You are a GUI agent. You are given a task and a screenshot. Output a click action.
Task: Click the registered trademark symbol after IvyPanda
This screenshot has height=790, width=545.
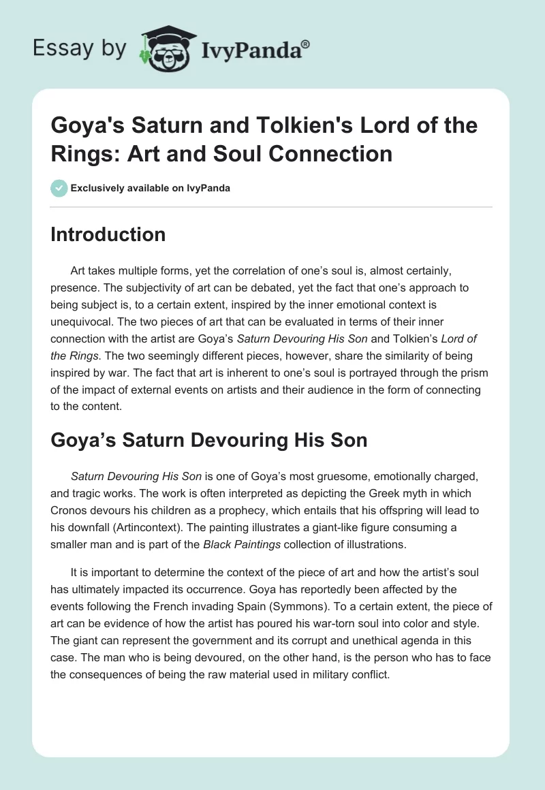point(306,44)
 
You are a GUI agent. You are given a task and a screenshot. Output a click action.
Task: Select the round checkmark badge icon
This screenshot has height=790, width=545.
point(59,188)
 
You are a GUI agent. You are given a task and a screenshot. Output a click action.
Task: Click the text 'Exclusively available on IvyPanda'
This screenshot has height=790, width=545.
point(150,188)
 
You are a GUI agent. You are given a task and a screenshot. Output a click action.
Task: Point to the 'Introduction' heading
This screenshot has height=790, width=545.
point(108,234)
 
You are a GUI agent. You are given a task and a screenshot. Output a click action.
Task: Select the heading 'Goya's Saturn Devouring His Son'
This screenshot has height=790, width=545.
point(209,440)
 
